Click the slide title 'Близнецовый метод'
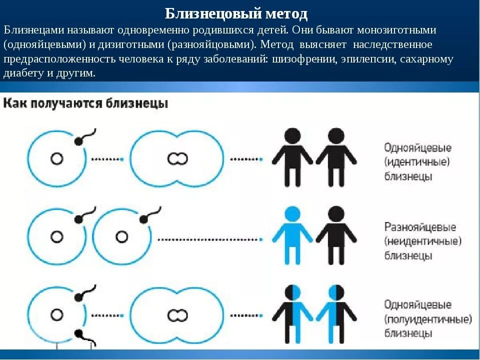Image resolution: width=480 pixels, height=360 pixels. [x=236, y=13]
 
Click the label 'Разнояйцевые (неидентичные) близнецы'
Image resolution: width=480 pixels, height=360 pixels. [x=422, y=241]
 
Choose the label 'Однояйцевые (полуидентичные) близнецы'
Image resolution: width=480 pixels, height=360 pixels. [x=427, y=318]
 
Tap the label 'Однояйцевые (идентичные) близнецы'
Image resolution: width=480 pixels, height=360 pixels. [x=417, y=162]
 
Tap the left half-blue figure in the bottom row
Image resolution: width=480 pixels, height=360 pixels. [x=293, y=312]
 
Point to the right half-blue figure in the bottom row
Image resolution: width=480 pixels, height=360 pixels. [x=336, y=312]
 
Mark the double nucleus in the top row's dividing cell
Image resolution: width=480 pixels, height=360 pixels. [x=177, y=159]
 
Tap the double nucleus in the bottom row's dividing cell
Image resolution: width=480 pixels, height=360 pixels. [x=177, y=315]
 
